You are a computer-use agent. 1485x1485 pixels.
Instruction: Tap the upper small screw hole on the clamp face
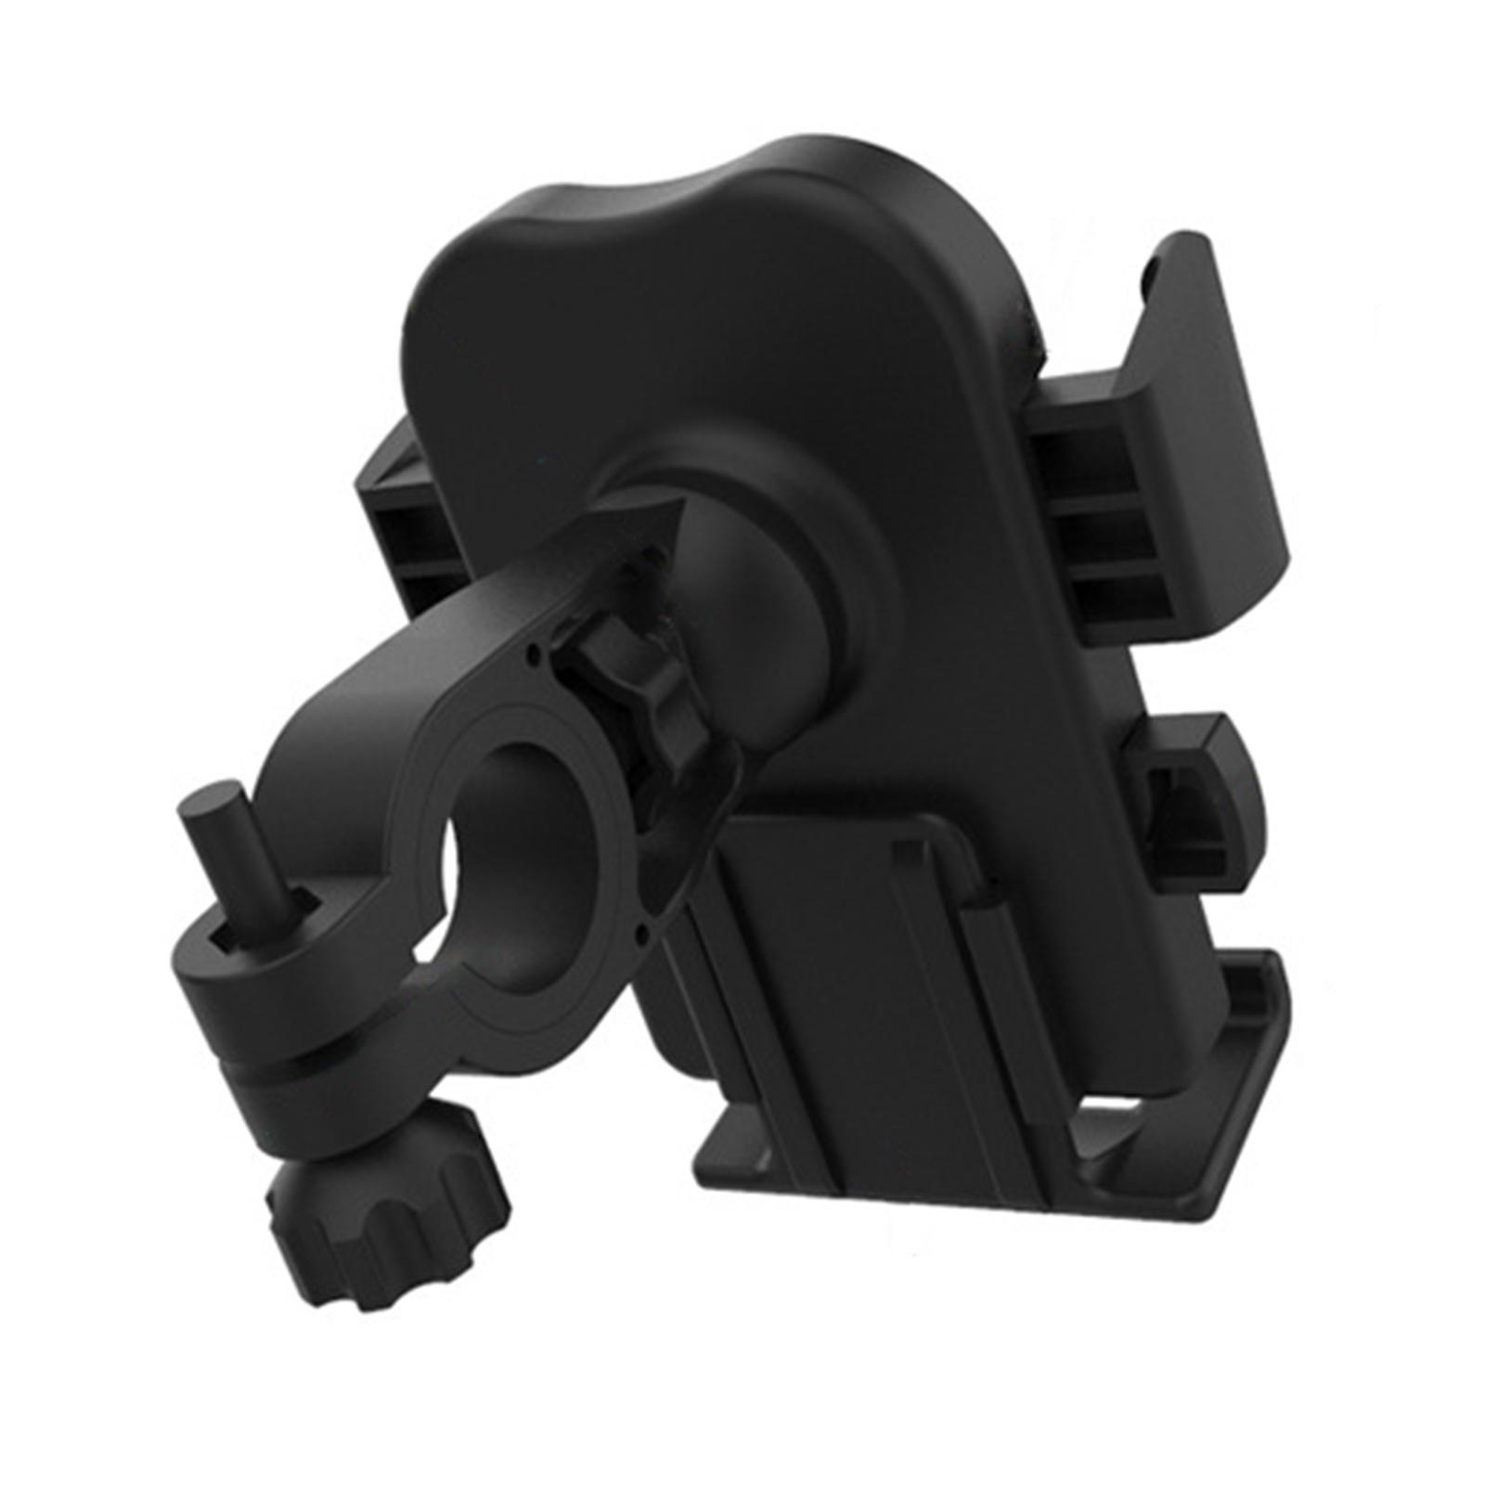(534, 654)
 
